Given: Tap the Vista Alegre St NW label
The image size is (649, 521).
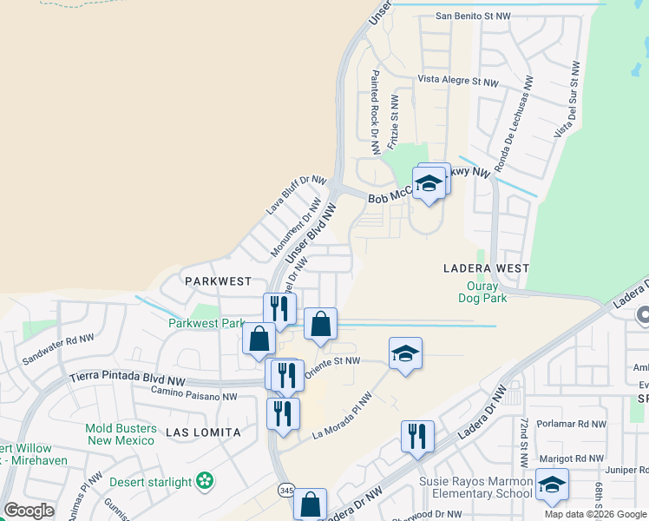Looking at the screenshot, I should coord(458,81).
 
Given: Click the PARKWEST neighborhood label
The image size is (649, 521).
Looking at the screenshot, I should coord(218,281).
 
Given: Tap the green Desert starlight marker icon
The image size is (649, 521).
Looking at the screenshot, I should coord(205,481).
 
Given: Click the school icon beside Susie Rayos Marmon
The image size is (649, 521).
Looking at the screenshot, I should coord(552,486).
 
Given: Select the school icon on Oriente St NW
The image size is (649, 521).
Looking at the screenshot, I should coord(405,354).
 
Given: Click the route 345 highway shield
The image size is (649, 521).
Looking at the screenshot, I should coord(286,491).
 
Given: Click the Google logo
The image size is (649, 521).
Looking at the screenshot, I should coord(29,511).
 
